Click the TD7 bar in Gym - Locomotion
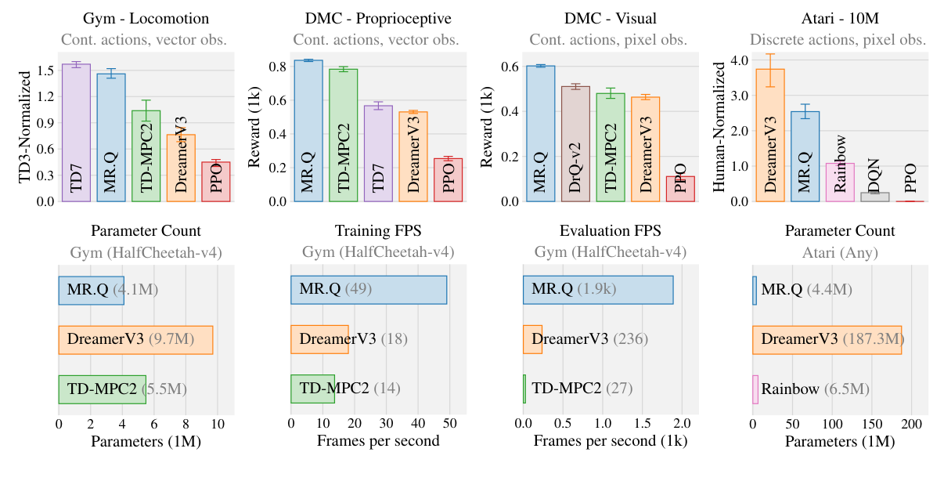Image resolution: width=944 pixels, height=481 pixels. [76, 133]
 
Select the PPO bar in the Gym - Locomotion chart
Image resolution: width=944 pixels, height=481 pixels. [215, 182]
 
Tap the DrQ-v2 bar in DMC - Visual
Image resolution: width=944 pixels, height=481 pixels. [575, 144]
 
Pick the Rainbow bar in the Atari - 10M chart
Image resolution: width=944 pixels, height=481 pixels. [840, 182]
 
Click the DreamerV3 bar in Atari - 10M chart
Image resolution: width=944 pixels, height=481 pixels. [770, 135]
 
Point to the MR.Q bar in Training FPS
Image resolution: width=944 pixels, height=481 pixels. [369, 290]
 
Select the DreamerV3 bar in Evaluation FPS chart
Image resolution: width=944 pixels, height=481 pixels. [532, 339]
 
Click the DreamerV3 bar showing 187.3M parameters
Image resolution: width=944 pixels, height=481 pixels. [827, 339]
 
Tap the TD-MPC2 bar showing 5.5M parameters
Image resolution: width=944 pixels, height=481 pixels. [102, 389]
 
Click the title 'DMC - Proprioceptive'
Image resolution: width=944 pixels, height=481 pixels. [377, 18]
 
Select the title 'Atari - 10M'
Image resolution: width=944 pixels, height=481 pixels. [839, 18]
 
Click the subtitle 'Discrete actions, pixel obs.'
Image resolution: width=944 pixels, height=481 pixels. [838, 39]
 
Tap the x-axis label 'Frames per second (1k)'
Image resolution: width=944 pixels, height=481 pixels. [610, 441]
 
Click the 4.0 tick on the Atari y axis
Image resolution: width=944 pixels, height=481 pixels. [738, 60]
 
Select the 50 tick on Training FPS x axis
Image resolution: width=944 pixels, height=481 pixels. [449, 424]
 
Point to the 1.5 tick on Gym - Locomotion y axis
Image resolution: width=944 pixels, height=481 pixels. [45, 71]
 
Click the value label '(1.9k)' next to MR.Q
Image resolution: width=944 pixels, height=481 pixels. [596, 290]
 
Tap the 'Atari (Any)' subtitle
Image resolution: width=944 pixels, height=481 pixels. [840, 253]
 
